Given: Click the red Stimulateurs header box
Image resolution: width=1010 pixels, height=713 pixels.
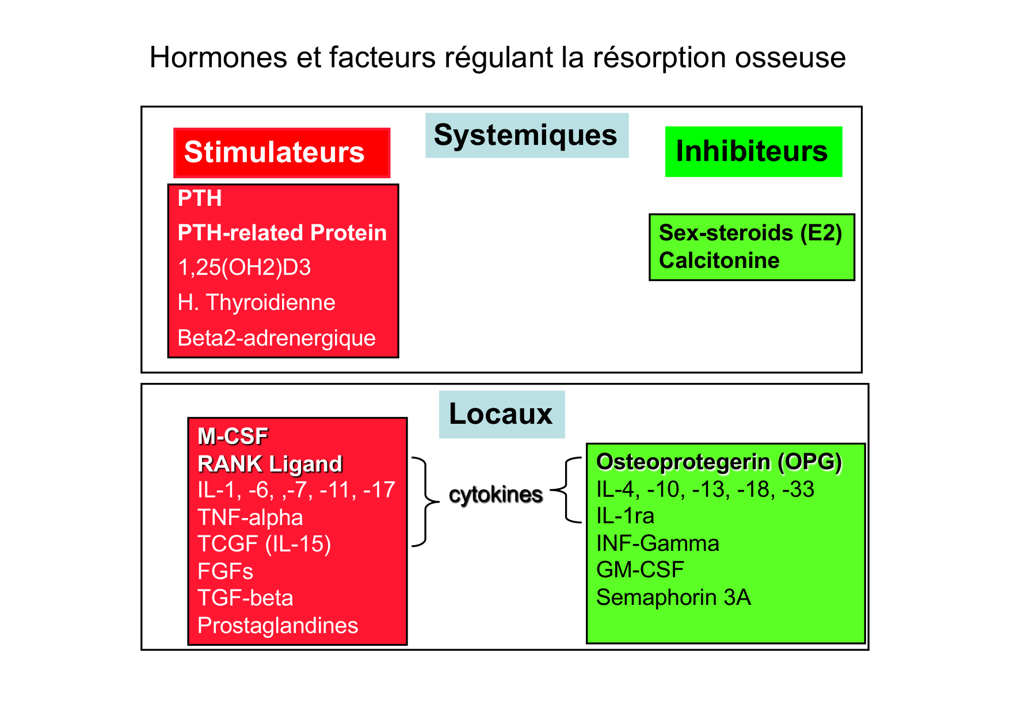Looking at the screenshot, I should tap(281, 152).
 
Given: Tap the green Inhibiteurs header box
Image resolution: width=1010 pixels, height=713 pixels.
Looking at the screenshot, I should tap(753, 151).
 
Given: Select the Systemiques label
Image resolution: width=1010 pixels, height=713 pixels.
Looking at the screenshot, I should tap(526, 135).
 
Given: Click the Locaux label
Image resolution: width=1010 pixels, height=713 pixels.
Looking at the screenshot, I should tap(501, 414).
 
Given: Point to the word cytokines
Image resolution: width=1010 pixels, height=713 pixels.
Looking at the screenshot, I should tap(496, 494).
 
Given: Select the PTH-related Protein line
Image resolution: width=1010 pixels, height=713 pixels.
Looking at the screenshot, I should tap(282, 233).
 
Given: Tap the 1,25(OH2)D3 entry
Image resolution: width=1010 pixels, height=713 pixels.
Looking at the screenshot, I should tap(244, 267).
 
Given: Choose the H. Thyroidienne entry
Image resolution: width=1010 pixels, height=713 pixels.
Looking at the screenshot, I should tap(256, 302).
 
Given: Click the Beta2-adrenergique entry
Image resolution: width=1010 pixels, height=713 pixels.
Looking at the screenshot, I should tap(276, 338).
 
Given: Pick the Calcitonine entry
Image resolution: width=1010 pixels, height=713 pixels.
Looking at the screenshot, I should tap(719, 260).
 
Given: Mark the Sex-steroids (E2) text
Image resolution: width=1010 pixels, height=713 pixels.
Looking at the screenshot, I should tap(750, 233).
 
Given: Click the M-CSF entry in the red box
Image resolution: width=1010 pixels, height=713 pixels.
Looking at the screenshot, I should tap(233, 436).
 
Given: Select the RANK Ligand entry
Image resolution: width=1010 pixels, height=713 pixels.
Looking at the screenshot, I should tap(269, 464).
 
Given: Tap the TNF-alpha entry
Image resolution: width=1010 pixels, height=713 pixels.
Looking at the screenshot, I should tap(250, 517).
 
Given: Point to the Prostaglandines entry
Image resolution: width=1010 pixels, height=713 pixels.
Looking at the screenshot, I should tap(277, 626).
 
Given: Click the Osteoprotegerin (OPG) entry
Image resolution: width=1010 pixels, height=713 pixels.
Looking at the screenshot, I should tap(719, 462).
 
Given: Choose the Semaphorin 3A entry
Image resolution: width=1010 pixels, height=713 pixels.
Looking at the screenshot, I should tap(673, 597).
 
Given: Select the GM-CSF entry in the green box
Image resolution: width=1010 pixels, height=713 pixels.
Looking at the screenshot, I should tap(640, 570).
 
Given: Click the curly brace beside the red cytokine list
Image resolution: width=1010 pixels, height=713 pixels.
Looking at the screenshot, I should tap(425, 501).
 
